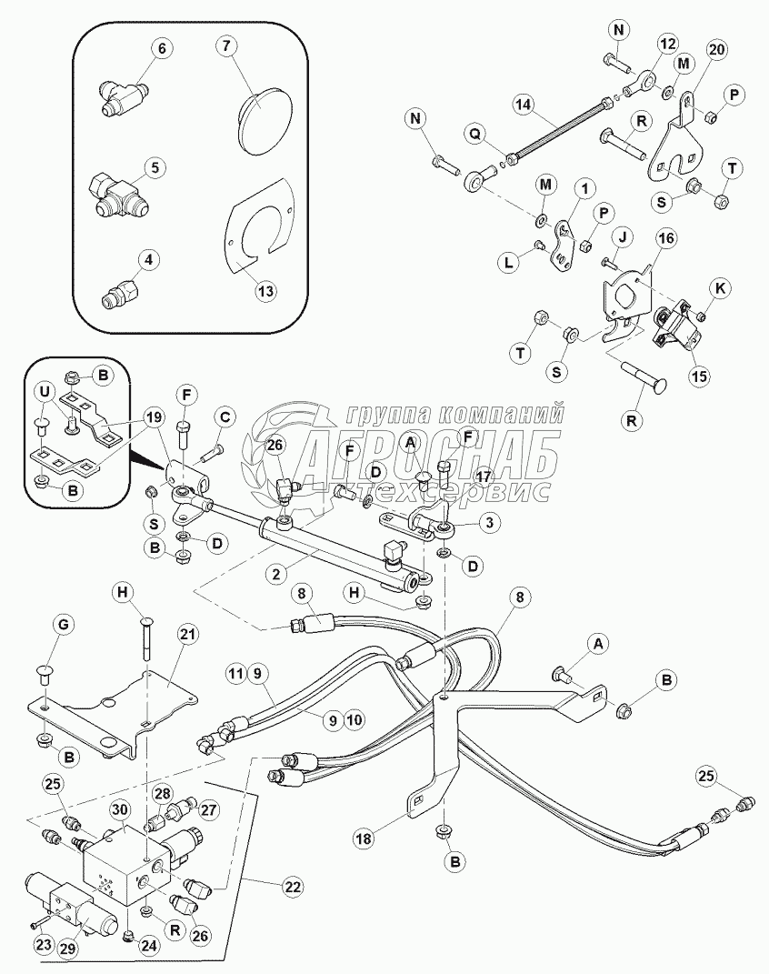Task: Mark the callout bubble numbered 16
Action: coord(667,238)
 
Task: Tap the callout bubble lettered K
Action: coord(720,288)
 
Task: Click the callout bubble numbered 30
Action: coord(119,809)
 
